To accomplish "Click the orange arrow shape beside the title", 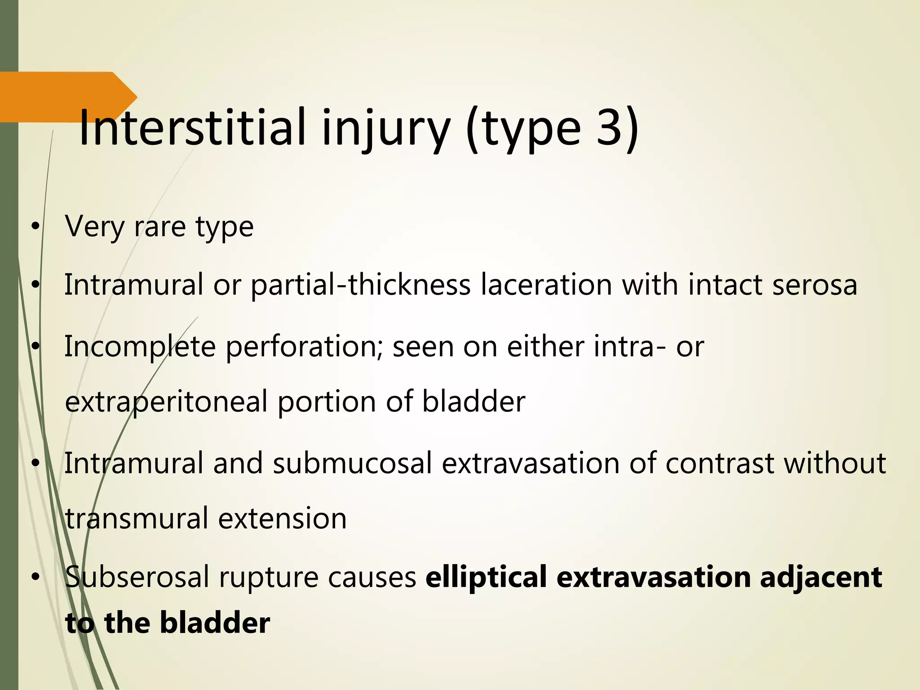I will click(67, 97).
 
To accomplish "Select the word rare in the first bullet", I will click(159, 226).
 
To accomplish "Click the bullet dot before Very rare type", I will click(35, 227).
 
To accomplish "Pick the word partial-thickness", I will click(361, 285).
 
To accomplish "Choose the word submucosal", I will click(352, 463).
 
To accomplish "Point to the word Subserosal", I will click(137, 577).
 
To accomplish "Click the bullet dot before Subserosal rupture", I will click(35, 577).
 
